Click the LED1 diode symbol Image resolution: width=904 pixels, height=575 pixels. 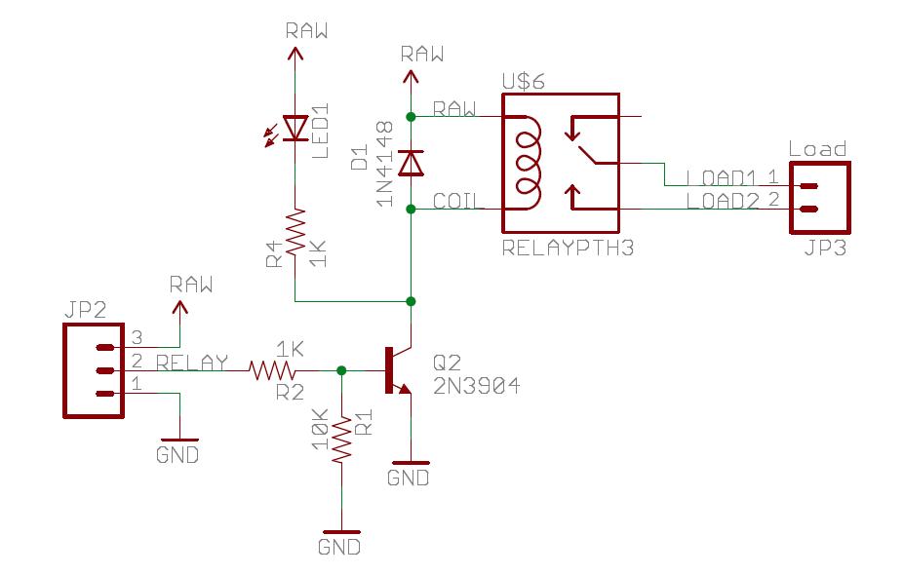pos(295,128)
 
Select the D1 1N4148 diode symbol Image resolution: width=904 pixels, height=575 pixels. pos(412,163)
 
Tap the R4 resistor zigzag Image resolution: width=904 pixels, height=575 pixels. pos(295,232)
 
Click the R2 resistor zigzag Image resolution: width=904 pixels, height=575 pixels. pos(271,370)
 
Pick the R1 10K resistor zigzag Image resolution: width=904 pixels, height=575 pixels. pos(341,439)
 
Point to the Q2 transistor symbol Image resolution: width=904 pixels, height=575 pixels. pos(398,370)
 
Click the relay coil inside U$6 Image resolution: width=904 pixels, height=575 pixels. pos(528,163)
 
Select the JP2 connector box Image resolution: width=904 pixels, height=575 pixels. pos(94,370)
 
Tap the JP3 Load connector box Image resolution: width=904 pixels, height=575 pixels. pos(820,198)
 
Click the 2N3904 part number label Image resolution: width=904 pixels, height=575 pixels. pos(476,386)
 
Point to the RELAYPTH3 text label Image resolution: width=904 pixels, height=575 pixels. pos(568,248)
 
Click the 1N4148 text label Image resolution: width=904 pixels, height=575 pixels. pos(384,164)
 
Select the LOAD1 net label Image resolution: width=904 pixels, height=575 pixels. pos(721,178)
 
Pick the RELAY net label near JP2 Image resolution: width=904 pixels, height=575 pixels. pos(192,363)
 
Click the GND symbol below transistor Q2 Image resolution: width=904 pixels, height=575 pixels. pos(410,463)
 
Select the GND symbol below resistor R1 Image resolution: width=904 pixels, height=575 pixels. pos(341,532)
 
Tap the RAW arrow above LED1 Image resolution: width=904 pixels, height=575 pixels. pos(295,55)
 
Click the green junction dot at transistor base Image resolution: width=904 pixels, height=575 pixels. pos(341,370)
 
